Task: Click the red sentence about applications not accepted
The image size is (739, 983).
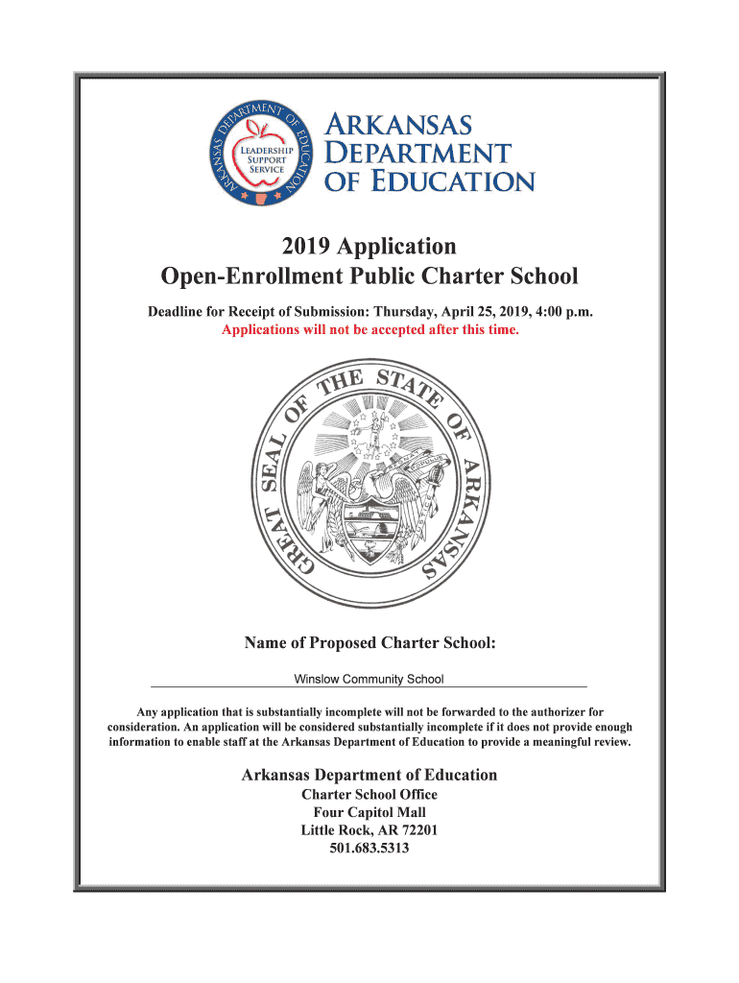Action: click(x=369, y=330)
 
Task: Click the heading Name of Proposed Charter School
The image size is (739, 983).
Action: click(x=369, y=642)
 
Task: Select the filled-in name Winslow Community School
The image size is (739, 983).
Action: click(x=369, y=680)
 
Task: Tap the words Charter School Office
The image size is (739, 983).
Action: click(x=369, y=795)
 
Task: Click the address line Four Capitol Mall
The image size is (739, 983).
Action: click(x=369, y=812)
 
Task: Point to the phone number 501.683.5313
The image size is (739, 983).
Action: click(x=369, y=849)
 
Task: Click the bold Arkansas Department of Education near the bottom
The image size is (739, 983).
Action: click(x=369, y=775)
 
